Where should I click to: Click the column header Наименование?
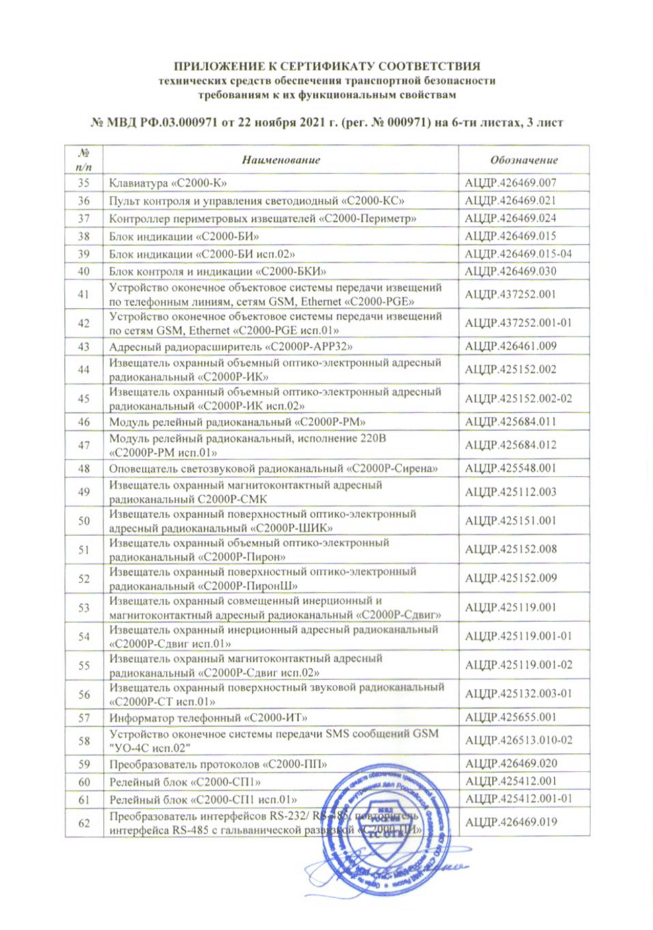[x=280, y=160]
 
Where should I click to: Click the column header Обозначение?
[x=524, y=160]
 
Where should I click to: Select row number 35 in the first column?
[x=83, y=183]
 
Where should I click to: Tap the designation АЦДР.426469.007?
[x=510, y=183]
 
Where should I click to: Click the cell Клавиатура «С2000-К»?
[x=168, y=183]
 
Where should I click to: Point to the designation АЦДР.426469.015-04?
[x=518, y=253]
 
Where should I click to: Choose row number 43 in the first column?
[x=83, y=347]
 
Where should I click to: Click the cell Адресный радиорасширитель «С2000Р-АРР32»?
[x=231, y=347]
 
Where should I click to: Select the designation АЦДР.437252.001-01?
[x=518, y=323]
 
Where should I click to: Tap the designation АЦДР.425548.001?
[x=510, y=468]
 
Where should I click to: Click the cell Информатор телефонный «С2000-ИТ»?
[x=208, y=717]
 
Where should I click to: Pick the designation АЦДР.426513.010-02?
[x=518, y=740]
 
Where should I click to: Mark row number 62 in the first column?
[x=83, y=823]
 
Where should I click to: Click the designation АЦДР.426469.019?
[x=511, y=822]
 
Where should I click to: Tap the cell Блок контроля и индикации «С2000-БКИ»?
[x=217, y=271]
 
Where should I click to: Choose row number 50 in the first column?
[x=83, y=521]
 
